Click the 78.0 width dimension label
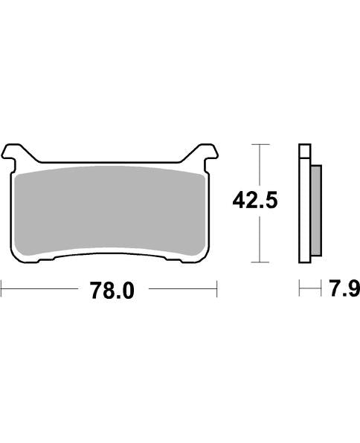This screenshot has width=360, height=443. point(112,290)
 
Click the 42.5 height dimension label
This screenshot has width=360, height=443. point(255,200)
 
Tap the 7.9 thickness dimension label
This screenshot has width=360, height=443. point(344,288)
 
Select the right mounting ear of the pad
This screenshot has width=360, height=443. point(205,154)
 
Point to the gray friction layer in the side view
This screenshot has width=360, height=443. point(316,211)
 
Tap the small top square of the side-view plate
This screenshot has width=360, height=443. point(304,151)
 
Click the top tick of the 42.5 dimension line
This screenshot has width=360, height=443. point(260,144)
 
